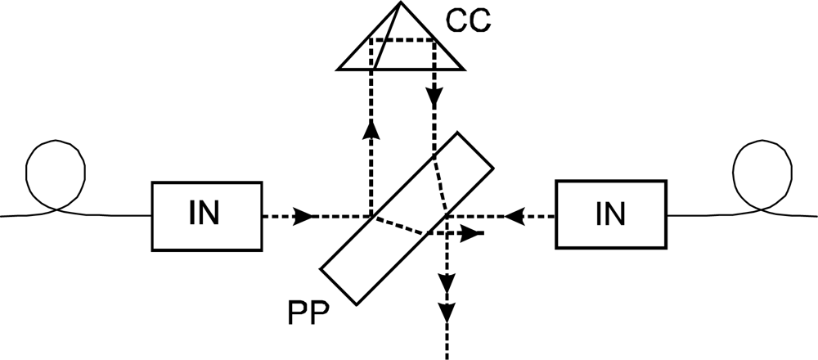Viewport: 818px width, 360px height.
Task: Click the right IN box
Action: click(x=611, y=214)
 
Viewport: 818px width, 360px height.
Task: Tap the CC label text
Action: click(x=468, y=20)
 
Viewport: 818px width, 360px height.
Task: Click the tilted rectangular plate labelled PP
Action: click(x=407, y=217)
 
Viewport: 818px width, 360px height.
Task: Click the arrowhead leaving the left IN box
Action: click(x=305, y=217)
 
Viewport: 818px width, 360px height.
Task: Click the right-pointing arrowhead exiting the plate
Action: click(x=470, y=233)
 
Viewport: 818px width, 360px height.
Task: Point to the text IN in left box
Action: click(x=204, y=214)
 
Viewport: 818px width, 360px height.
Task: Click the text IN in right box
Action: click(x=610, y=214)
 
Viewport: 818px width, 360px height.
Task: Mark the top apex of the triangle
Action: click(x=400, y=5)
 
